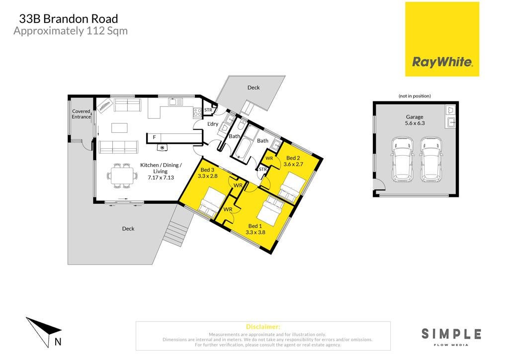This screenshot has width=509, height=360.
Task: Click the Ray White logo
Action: coord(442,39)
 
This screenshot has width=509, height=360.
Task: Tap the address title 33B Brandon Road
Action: coord(69,19)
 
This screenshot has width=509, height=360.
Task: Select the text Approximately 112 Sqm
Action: coord(71,31)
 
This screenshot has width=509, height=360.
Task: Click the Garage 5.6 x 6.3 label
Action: coord(415,120)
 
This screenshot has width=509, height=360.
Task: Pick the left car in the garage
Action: coord(403,159)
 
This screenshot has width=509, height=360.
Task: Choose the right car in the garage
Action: coord(431,159)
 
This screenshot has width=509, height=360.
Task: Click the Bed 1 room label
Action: coord(255,229)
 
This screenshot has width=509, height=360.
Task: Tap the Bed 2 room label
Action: coord(293,161)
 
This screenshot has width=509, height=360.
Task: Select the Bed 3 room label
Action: coord(207,173)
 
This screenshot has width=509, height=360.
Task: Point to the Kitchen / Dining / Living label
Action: coord(161,171)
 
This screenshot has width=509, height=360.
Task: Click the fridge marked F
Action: coord(154,138)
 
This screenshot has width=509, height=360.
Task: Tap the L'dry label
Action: coord(213,124)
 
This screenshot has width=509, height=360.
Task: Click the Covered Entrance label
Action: coord(81,114)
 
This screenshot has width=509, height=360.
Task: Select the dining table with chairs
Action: coord(122,176)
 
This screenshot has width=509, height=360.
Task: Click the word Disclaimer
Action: coord(263,327)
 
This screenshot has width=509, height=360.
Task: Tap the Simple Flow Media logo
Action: coord(451,337)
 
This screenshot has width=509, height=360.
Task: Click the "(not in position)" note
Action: coord(415,96)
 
